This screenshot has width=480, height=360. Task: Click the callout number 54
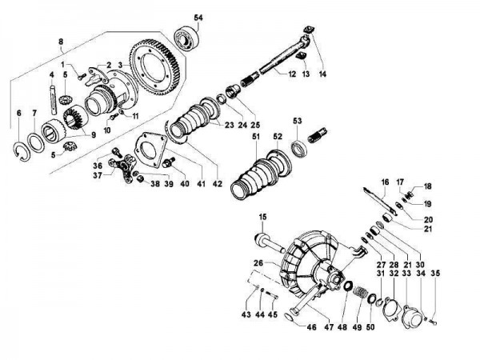click(x=199, y=17)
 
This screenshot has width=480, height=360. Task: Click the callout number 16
click(x=385, y=182)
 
